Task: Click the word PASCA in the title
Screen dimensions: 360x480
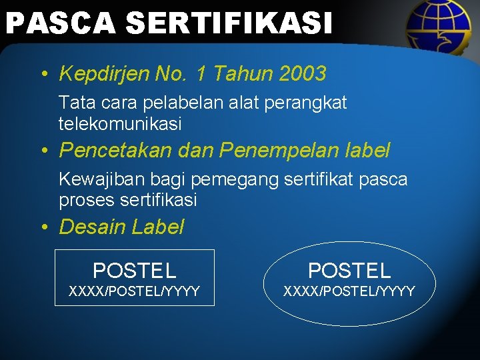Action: pyautogui.click(x=60, y=23)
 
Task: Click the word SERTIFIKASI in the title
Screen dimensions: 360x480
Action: pyautogui.click(x=228, y=23)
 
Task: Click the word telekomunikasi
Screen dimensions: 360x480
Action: pyautogui.click(x=120, y=124)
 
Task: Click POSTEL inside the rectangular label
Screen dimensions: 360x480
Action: pyautogui.click(x=134, y=270)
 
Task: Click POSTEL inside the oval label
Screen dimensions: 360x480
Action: pyautogui.click(x=349, y=270)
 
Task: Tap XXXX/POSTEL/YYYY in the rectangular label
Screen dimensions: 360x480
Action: pyautogui.click(x=134, y=291)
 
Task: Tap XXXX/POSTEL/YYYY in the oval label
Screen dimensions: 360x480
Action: pyautogui.click(x=349, y=291)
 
